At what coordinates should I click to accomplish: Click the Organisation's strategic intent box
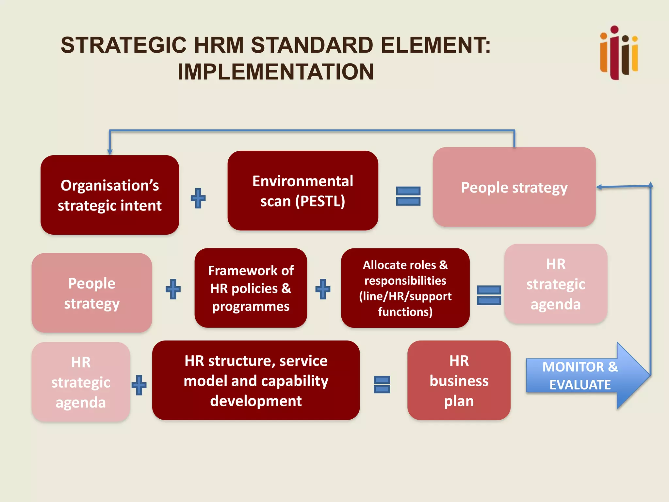(x=110, y=195)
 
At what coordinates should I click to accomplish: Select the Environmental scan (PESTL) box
(x=303, y=191)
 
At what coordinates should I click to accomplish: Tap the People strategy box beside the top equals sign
(x=514, y=187)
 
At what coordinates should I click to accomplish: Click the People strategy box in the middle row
(x=92, y=293)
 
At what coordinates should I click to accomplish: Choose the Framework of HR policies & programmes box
(x=251, y=288)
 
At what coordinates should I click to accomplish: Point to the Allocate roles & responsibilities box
(x=405, y=288)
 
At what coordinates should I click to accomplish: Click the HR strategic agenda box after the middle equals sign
(x=556, y=284)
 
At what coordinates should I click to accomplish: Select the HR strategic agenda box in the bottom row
(x=81, y=382)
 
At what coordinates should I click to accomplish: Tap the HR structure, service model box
(x=256, y=380)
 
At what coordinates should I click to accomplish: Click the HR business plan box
(x=459, y=380)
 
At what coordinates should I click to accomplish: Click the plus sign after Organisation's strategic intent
(x=198, y=198)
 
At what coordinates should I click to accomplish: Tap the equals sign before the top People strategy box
(x=408, y=196)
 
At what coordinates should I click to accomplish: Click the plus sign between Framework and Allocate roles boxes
(x=323, y=289)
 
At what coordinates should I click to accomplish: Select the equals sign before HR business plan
(x=382, y=384)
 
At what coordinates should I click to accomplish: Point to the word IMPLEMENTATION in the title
(x=276, y=72)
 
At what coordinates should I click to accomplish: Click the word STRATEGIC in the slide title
(x=123, y=45)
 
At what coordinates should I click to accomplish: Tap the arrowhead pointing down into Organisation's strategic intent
(x=110, y=152)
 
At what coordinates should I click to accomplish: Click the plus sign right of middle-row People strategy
(x=173, y=289)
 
